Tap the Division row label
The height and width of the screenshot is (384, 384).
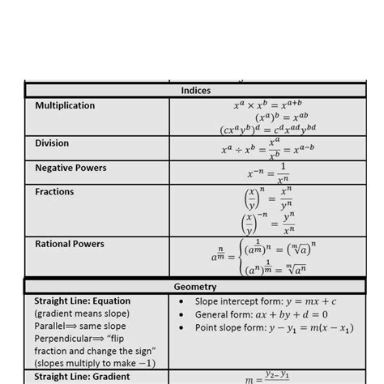[x=52, y=143]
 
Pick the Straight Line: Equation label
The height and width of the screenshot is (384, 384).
[x=83, y=301]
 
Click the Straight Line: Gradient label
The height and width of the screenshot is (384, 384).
[x=82, y=376]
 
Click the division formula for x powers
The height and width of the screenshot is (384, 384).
[x=267, y=149]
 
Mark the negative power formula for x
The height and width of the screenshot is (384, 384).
[x=267, y=173]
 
